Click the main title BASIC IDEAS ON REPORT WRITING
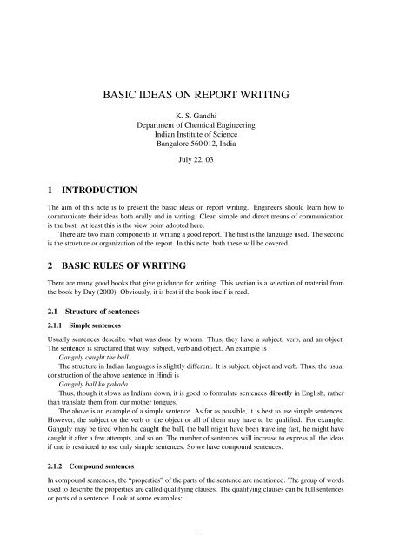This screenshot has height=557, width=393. tap(196, 91)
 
